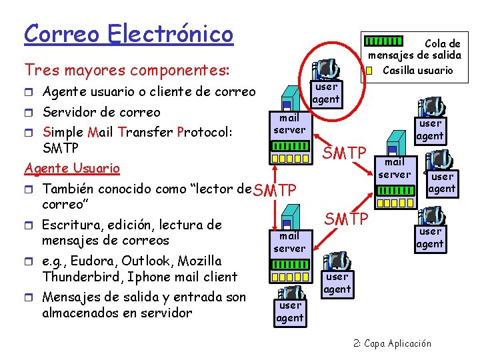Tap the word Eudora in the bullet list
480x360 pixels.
(x=95, y=261)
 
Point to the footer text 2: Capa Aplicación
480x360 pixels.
(x=392, y=344)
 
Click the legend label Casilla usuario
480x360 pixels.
(x=417, y=70)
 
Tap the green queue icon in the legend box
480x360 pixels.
(x=385, y=42)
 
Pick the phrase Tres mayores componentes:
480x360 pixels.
(x=127, y=69)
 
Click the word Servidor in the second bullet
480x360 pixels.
(x=71, y=112)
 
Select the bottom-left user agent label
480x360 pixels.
(x=290, y=311)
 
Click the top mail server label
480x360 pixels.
(x=289, y=124)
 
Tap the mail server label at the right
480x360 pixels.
(x=395, y=168)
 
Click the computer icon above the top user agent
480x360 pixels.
(x=325, y=68)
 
